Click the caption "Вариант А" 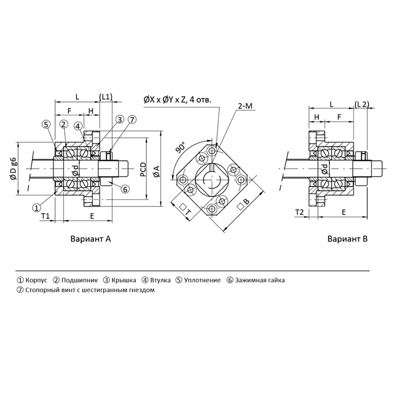pyautogui.click(x=91, y=239)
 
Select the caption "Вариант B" pyautogui.click(x=347, y=239)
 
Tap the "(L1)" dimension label pyautogui.click(x=105, y=96)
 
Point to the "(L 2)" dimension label pyautogui.click(x=362, y=105)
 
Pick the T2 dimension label pyautogui.click(x=300, y=212)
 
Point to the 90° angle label pyautogui.click(x=180, y=149)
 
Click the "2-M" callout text pyautogui.click(x=245, y=105)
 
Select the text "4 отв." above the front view pyautogui.click(x=200, y=100)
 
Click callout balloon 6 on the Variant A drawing pyautogui.click(x=125, y=190)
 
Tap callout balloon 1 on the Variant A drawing pyautogui.click(x=37, y=208)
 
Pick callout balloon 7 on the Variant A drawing pyautogui.click(x=132, y=119)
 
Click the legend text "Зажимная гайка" pyautogui.click(x=260, y=280)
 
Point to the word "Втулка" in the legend pyautogui.click(x=152, y=280)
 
